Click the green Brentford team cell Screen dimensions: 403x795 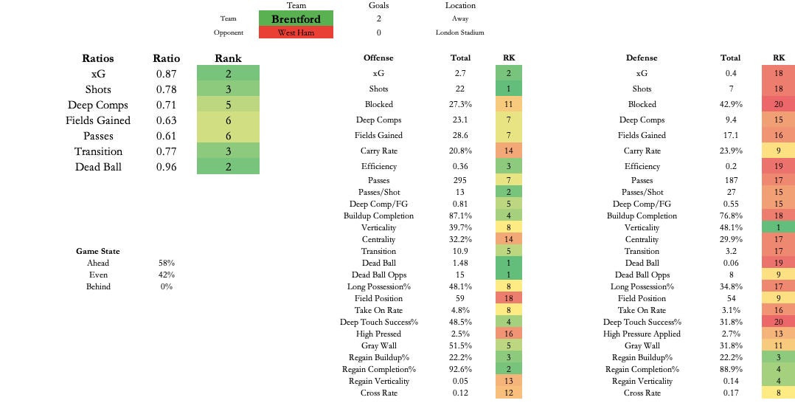pos(296,18)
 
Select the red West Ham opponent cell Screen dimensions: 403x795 pos(296,32)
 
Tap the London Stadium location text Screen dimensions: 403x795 pos(460,32)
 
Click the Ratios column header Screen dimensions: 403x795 pos(97,58)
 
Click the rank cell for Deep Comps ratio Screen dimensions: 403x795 pos(228,105)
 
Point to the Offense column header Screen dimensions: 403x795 pos(378,58)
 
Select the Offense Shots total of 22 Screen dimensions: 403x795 pos(460,89)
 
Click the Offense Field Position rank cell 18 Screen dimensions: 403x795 pos(509,298)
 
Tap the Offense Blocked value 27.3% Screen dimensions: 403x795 pos(460,104)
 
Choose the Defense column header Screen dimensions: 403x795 pos(642,58)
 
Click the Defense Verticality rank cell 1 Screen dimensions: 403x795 pos(778,227)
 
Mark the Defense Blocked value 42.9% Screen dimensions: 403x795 pos(730,104)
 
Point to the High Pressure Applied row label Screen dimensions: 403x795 pos(642,334)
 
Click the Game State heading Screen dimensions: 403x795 pos(97,251)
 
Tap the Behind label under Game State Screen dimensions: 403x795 pos(97,286)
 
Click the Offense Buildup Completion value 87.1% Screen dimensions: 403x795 pos(460,216)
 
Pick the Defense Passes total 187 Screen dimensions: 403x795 pos(730,180)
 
